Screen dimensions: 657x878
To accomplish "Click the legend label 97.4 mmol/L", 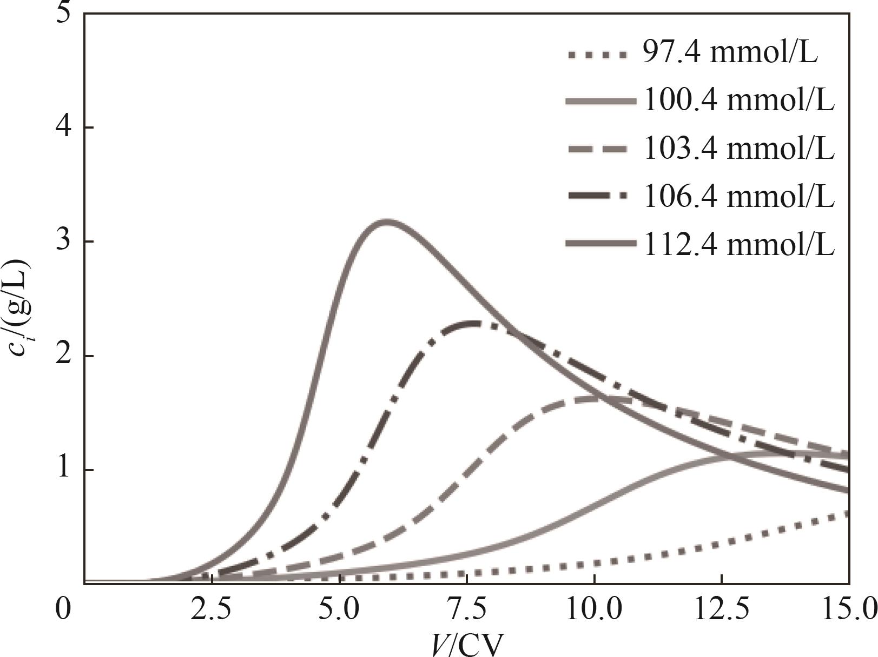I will click(730, 53).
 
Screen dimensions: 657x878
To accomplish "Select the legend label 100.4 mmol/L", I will click(738, 100).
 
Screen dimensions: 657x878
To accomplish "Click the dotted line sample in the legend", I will click(598, 55).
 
